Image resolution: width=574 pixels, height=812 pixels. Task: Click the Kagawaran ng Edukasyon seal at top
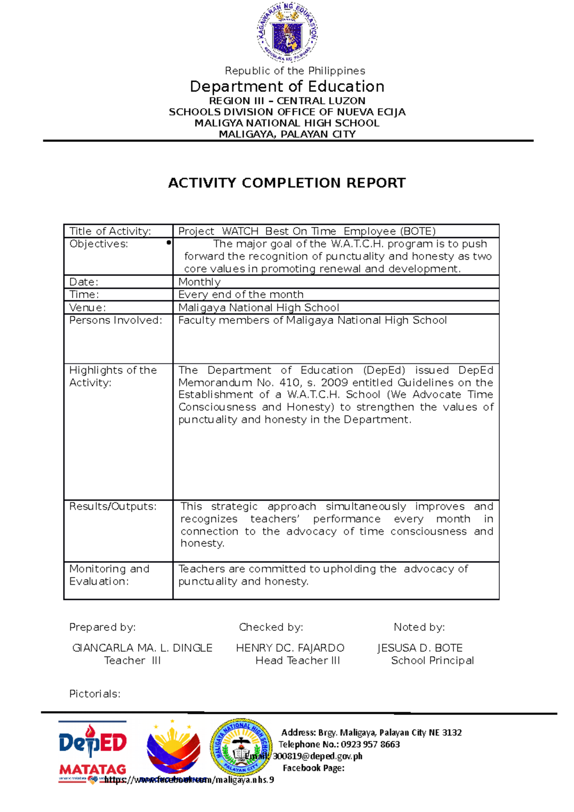click(287, 32)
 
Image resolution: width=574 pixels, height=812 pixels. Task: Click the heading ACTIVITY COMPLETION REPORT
click(287, 183)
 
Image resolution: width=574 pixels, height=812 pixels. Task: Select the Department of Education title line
click(287, 87)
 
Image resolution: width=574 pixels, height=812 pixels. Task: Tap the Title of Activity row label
click(110, 231)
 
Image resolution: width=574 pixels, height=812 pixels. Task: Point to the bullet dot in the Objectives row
click(168, 243)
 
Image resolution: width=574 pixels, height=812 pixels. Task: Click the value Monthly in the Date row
click(199, 282)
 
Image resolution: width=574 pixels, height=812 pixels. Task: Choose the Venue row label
click(88, 307)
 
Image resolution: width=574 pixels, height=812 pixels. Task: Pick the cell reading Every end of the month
click(241, 295)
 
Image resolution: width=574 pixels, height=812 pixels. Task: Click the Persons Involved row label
click(116, 320)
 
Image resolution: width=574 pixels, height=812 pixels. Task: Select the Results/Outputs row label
click(113, 506)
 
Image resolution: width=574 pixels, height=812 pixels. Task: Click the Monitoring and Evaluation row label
click(109, 575)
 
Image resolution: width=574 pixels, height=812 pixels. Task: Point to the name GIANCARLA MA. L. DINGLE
click(142, 648)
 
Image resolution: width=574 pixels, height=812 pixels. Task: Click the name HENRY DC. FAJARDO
click(290, 648)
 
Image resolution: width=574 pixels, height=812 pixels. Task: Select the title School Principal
click(432, 660)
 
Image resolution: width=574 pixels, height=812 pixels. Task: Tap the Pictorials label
click(95, 694)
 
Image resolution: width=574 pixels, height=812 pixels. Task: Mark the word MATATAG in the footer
click(93, 769)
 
